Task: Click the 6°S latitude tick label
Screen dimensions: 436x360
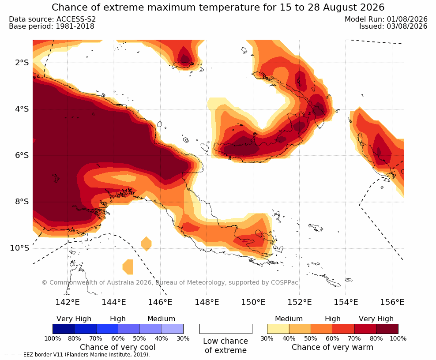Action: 22,155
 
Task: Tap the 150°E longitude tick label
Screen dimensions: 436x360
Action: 253,302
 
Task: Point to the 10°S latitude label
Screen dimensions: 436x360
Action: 19,248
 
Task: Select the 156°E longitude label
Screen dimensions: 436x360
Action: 392,302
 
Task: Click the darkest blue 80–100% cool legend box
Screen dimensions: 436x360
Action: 64,329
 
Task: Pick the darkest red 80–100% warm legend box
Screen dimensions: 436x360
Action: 387,329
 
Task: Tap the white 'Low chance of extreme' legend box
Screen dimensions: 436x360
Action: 226,329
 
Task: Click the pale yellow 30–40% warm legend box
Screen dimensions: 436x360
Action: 278,329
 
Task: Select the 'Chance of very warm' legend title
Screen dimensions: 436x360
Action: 332,347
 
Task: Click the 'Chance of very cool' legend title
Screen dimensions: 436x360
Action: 118,347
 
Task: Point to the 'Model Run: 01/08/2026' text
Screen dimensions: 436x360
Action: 386,19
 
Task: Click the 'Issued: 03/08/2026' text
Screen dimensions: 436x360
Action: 393,26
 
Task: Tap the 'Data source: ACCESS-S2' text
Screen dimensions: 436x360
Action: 52,19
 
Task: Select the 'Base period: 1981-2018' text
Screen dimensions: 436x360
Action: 52,26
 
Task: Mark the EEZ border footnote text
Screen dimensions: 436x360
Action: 77,355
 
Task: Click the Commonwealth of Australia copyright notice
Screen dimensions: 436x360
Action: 170,282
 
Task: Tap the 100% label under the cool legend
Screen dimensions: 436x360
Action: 53,338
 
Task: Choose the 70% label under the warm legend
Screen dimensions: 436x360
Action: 354,338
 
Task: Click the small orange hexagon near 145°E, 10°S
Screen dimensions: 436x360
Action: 146,244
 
